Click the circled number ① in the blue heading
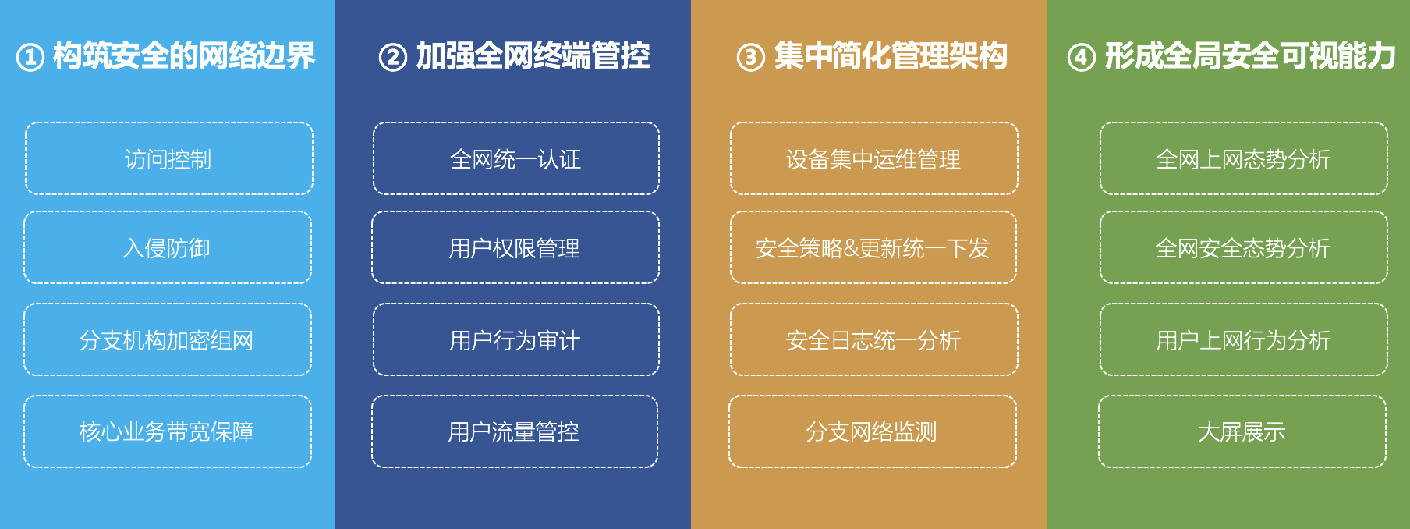(30, 58)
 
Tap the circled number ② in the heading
(393, 58)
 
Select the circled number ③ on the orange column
(751, 58)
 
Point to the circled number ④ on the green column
(1082, 58)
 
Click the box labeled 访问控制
(169, 158)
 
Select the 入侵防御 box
(168, 247)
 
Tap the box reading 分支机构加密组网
(168, 339)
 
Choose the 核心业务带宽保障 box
(168, 431)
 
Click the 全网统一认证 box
(516, 158)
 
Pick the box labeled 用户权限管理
(515, 247)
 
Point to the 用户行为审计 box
(516, 339)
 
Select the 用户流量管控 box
(515, 431)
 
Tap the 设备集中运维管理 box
(874, 158)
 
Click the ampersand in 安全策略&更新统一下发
(850, 249)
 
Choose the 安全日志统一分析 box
(874, 339)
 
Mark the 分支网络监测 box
(873, 431)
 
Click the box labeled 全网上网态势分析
(1244, 158)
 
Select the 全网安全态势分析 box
(1244, 247)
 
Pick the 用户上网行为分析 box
(1244, 339)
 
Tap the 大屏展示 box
(1242, 431)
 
